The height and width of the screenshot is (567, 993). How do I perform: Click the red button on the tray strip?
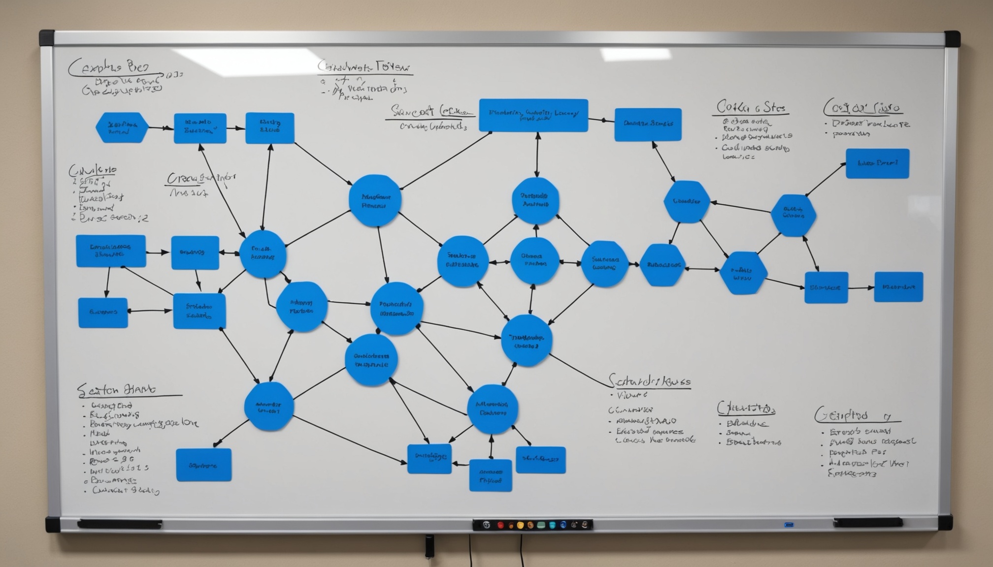coord(500,525)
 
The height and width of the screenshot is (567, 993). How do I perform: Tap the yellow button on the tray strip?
coord(520,525)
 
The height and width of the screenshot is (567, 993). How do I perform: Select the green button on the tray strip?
coord(541,525)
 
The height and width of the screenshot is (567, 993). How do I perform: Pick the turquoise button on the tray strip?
coord(552,525)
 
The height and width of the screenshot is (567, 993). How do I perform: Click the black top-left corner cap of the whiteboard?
coord(47,38)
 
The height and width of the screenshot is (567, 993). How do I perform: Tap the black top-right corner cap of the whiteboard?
coord(952,38)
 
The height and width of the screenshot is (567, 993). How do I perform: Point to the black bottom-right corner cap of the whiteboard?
coord(945,523)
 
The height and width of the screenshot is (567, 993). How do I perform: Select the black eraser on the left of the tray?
coord(120,524)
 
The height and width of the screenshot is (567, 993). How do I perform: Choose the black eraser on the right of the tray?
coord(868,522)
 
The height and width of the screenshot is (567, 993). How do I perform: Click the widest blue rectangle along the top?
coord(533,115)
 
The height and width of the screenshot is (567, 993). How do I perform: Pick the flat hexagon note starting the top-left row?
coord(122,127)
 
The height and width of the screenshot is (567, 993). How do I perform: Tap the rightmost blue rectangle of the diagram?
coord(898,287)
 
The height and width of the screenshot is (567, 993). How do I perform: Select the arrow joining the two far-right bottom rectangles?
coord(861,288)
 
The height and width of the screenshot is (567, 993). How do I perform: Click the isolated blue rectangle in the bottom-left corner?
coord(203,465)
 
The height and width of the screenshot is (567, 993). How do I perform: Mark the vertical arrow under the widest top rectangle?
coord(537,155)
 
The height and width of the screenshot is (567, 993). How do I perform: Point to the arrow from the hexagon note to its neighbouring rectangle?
coord(161,128)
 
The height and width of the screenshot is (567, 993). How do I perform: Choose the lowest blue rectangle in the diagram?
coord(491,475)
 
